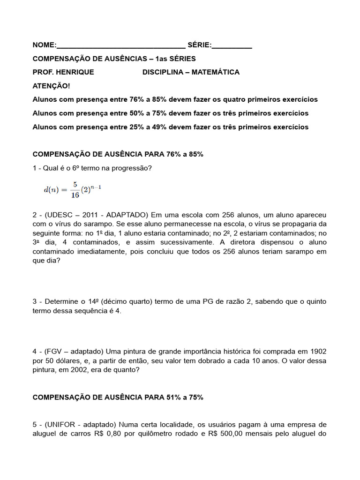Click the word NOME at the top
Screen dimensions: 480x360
pyautogui.click(x=43, y=45)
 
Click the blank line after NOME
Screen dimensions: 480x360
pyautogui.click(x=121, y=47)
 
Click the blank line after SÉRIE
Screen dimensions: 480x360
pyautogui.click(x=232, y=47)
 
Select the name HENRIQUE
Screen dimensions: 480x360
pyautogui.click(x=77, y=72)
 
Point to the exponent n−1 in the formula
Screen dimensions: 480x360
pyautogui.click(x=96, y=187)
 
